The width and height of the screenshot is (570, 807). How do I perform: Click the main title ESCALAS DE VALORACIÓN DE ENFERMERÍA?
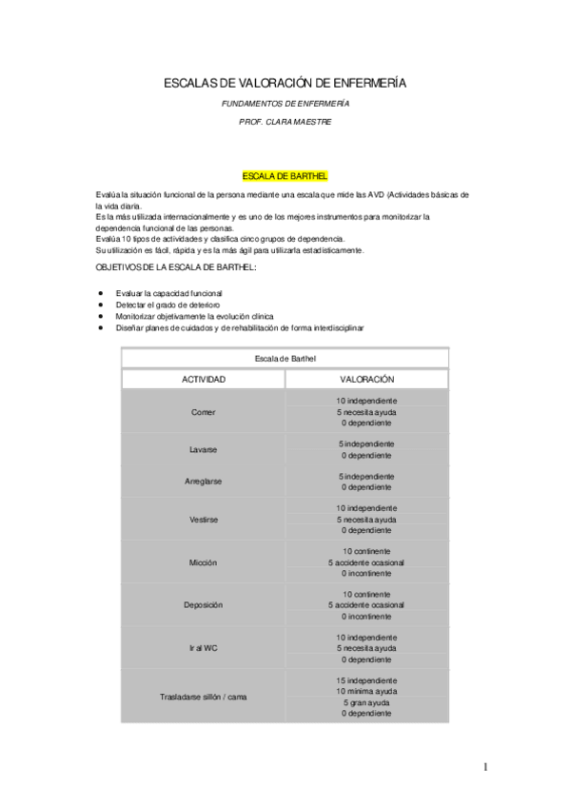click(285, 84)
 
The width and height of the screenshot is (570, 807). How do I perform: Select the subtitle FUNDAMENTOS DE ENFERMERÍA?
click(285, 103)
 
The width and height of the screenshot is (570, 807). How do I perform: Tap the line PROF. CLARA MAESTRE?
click(285, 123)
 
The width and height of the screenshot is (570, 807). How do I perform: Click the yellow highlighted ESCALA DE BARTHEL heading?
click(285, 176)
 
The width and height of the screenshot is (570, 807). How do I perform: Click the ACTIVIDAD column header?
click(204, 379)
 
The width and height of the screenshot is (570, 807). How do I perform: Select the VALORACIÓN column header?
click(366, 379)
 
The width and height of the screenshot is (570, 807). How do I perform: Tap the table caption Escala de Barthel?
click(285, 358)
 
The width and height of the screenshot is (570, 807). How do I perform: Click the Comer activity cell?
click(204, 412)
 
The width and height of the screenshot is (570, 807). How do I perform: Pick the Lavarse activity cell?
click(204, 449)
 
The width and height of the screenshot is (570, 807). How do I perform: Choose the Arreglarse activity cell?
click(204, 481)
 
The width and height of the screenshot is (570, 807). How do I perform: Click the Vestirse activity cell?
click(204, 520)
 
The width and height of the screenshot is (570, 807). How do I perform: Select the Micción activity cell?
click(204, 562)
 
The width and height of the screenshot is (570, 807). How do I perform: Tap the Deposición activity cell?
click(204, 605)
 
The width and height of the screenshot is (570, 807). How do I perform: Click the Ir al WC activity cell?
click(204, 648)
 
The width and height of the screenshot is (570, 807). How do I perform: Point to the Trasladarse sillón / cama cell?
click(204, 698)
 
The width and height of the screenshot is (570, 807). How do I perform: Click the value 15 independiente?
click(366, 680)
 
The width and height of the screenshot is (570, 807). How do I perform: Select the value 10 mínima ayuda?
click(366, 692)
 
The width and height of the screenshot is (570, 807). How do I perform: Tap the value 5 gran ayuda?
click(366, 702)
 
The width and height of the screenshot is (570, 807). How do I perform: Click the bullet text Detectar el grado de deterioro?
click(159, 305)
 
